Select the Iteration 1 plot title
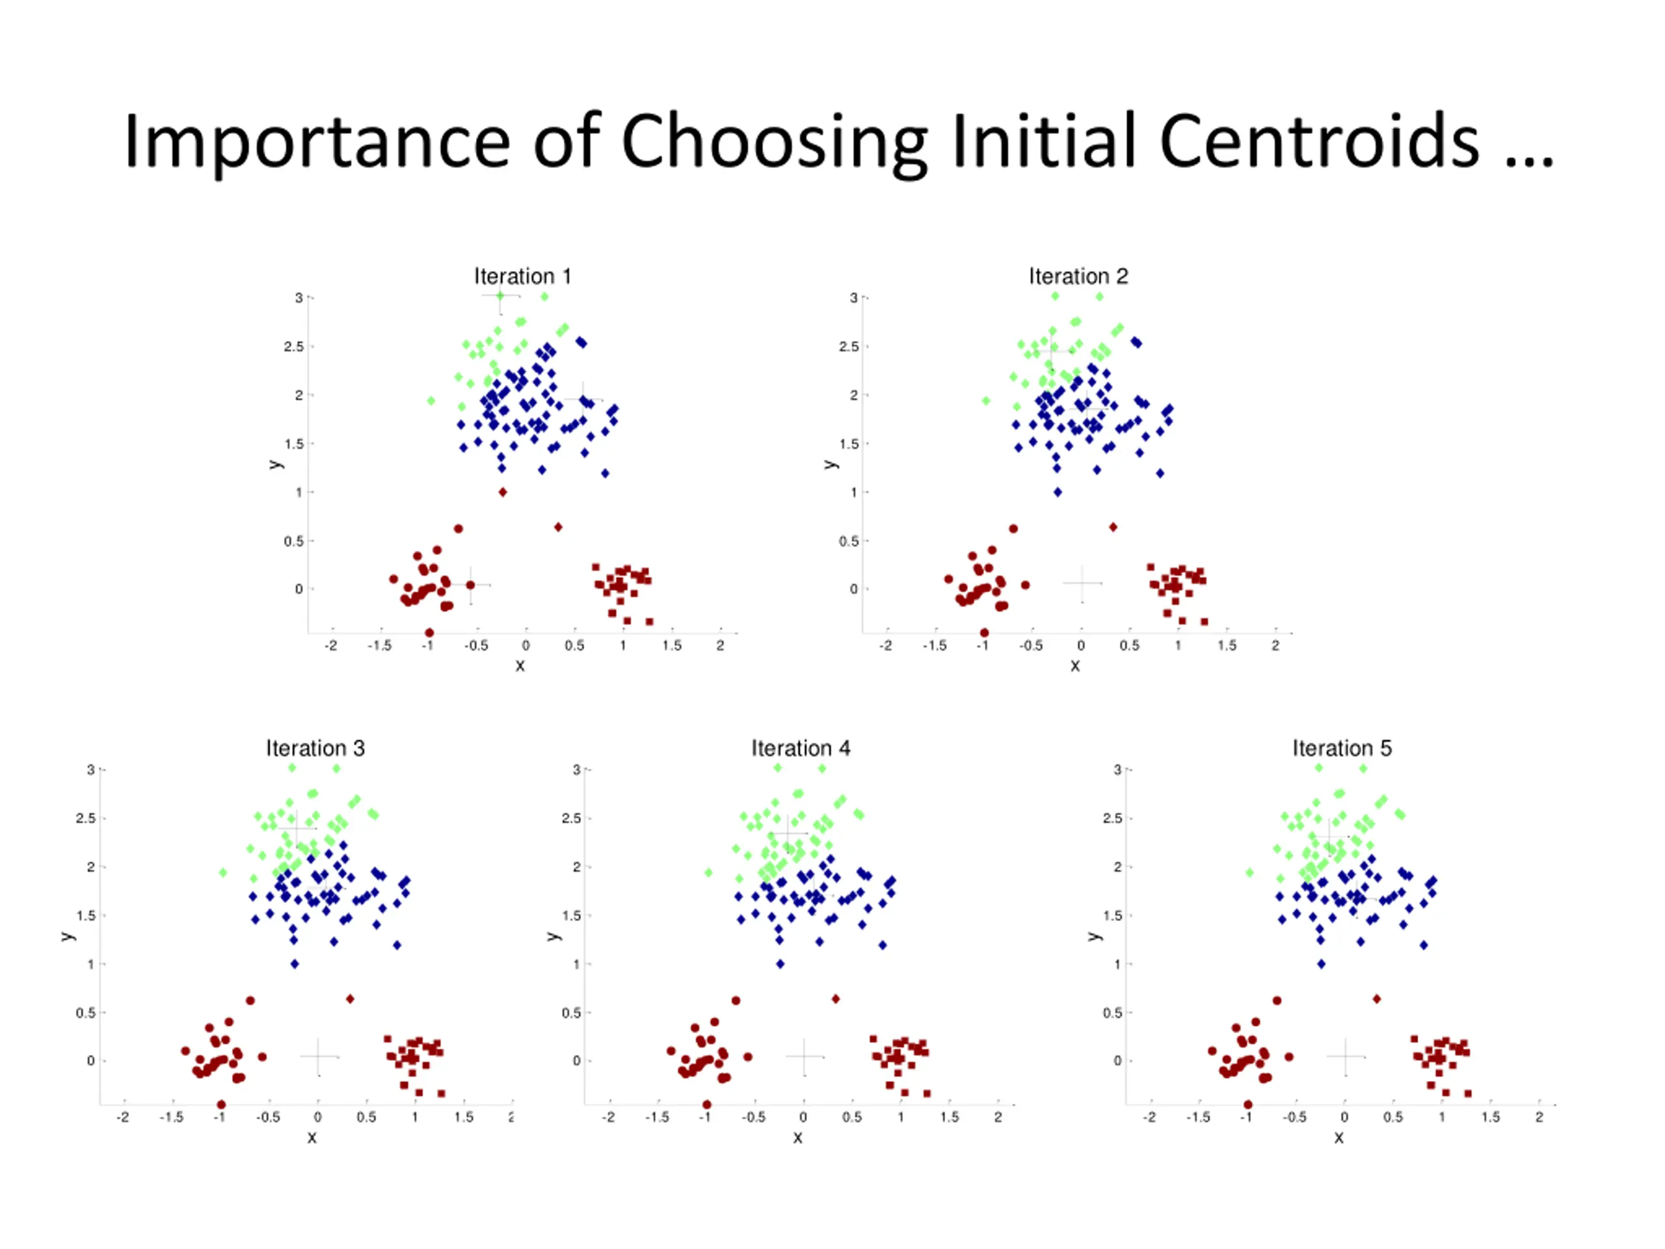(x=522, y=276)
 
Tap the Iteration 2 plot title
(x=1078, y=276)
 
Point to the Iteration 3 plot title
(x=315, y=748)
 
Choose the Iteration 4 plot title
(x=800, y=748)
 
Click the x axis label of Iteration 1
(x=520, y=665)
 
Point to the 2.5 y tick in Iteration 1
(x=293, y=346)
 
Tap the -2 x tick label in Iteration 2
(x=886, y=646)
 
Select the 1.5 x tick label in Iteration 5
(x=1491, y=1117)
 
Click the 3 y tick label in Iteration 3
(x=90, y=770)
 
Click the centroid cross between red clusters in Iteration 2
(x=1082, y=584)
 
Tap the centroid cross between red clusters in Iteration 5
(x=1346, y=1056)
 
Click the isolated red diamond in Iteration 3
(x=350, y=999)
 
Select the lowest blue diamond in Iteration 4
(x=780, y=963)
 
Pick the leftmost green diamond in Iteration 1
(x=431, y=401)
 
